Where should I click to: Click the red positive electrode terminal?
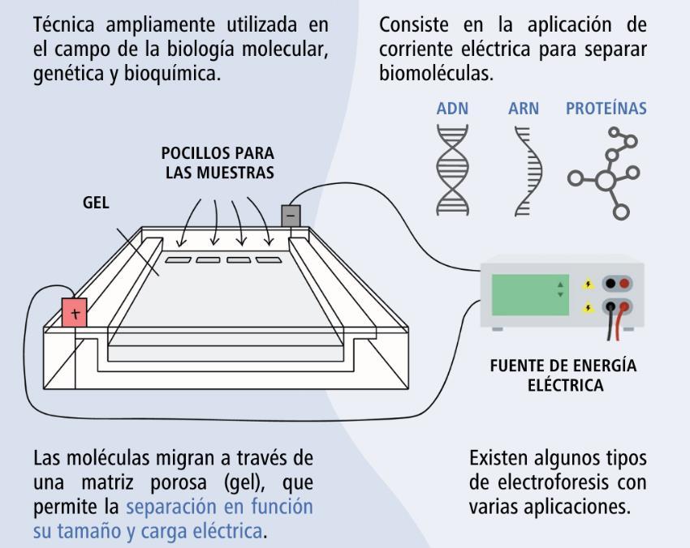click(x=75, y=312)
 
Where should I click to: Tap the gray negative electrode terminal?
click(x=291, y=215)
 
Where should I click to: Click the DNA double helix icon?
click(x=453, y=169)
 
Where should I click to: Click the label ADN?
click(x=452, y=109)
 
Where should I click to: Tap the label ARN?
click(x=524, y=109)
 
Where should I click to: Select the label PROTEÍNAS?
click(x=606, y=109)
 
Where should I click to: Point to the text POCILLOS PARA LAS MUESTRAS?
click(x=218, y=162)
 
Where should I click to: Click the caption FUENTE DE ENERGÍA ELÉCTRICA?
click(x=563, y=375)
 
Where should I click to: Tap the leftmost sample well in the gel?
click(x=178, y=260)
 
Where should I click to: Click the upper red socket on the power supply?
click(x=624, y=284)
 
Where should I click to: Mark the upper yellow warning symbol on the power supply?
click(x=589, y=285)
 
